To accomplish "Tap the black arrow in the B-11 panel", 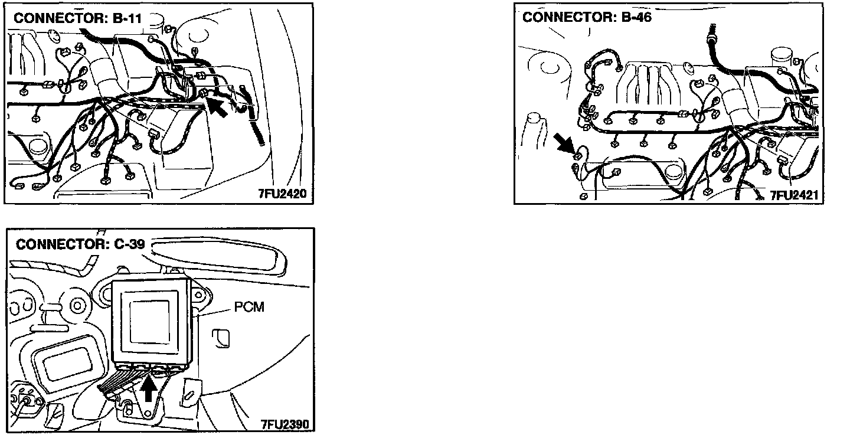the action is pyautogui.click(x=217, y=108).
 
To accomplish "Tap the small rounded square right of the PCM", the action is pyautogui.click(x=224, y=336).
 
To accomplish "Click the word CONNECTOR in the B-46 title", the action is pyautogui.click(x=560, y=17).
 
